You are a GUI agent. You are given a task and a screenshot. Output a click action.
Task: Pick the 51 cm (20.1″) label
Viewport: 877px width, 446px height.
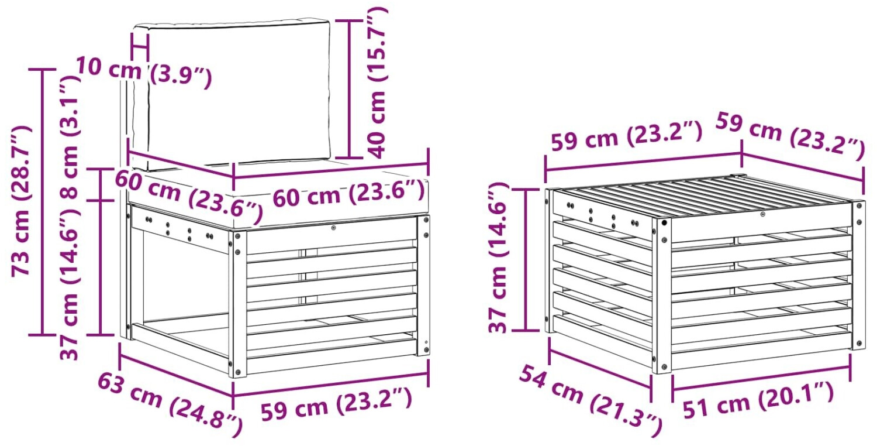(x=758, y=400)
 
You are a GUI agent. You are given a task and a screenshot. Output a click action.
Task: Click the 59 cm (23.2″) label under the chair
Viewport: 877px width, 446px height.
(x=336, y=404)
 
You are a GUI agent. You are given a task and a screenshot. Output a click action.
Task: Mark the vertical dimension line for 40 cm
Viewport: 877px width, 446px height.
(x=349, y=89)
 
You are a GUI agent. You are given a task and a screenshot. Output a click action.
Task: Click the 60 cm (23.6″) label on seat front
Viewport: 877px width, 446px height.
(x=348, y=194)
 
